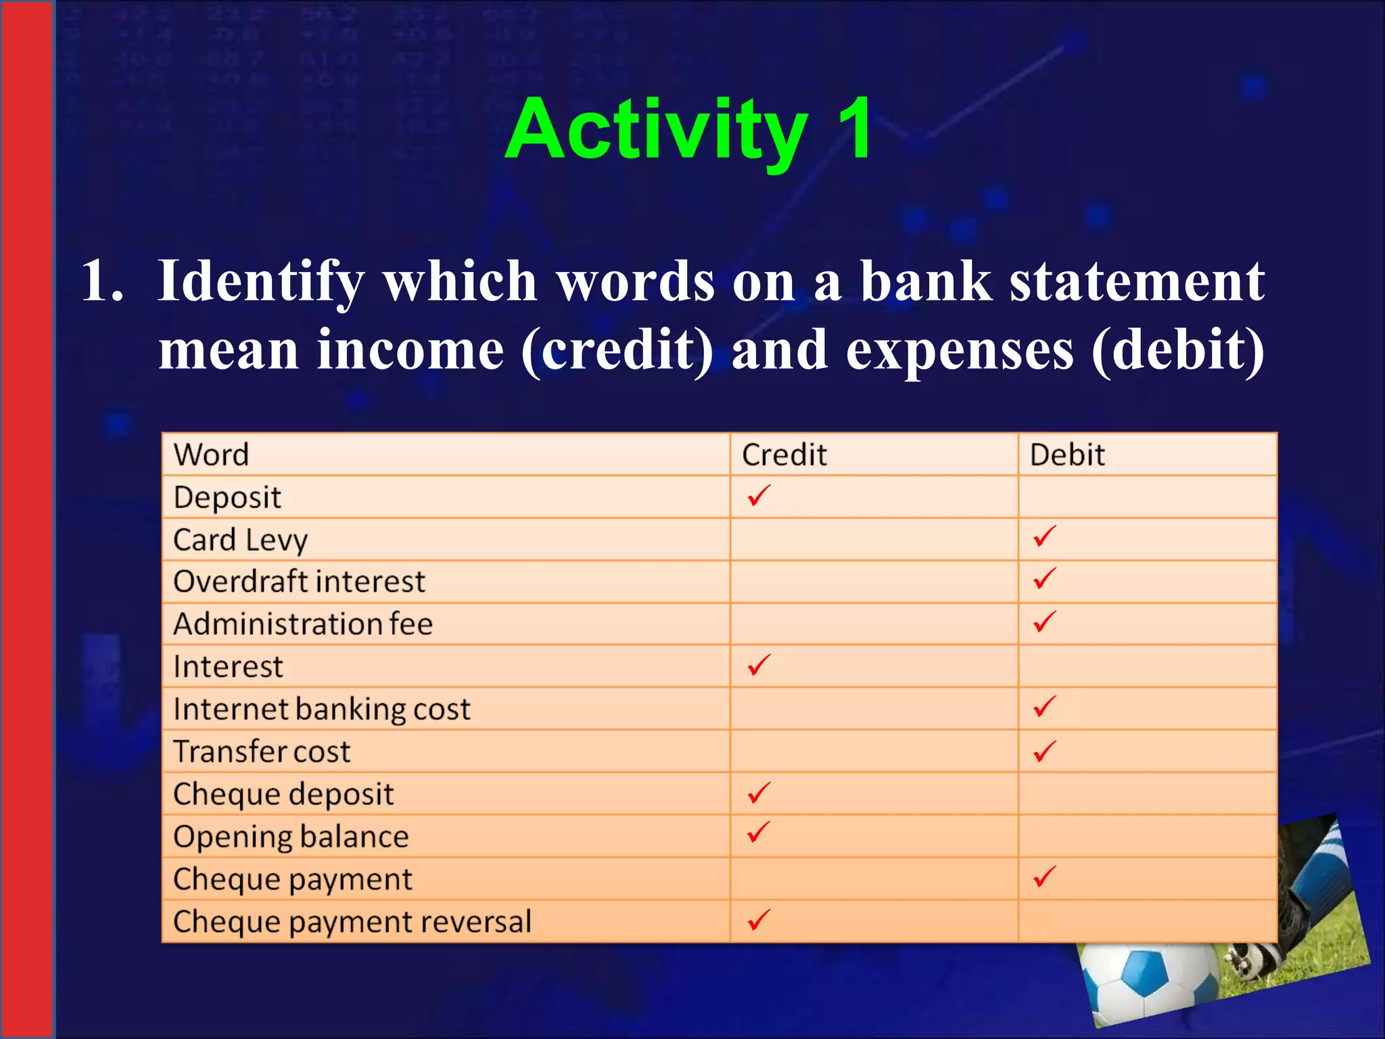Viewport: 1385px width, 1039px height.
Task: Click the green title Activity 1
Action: (x=688, y=129)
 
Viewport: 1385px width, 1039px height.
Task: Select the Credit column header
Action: (x=784, y=455)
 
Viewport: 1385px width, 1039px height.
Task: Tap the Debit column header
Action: (x=1066, y=455)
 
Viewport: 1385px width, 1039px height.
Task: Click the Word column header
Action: (x=211, y=455)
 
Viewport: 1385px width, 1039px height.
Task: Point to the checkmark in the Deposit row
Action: (x=759, y=496)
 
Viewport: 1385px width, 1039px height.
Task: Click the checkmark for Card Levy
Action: (x=1044, y=537)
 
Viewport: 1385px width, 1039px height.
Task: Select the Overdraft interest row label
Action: (x=299, y=582)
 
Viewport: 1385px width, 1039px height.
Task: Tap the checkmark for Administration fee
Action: (x=1044, y=622)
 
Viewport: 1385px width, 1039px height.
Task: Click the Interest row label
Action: (x=228, y=667)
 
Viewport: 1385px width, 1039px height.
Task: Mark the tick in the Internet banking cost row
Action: (x=1044, y=707)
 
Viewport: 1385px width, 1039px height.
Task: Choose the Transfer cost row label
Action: (x=262, y=752)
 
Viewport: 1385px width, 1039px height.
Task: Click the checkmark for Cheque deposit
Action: (x=759, y=792)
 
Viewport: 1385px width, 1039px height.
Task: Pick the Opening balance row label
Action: (x=291, y=837)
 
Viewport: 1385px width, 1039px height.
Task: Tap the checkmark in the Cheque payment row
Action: (x=1044, y=877)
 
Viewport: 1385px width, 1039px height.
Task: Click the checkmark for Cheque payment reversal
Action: (x=759, y=919)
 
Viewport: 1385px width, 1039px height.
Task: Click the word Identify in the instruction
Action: (x=261, y=281)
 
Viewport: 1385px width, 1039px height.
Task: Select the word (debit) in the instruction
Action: (x=1177, y=350)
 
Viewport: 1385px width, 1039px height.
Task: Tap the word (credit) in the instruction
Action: (x=617, y=350)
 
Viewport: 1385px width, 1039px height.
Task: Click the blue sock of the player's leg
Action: (x=1319, y=873)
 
